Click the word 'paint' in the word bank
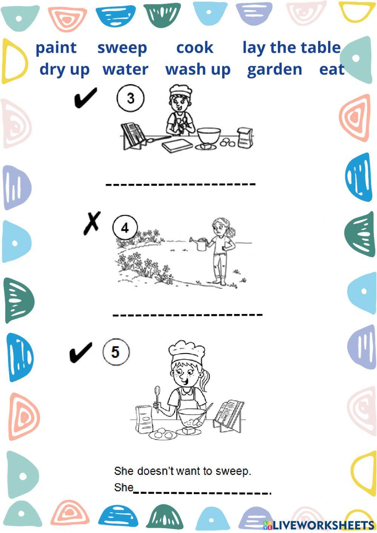56,48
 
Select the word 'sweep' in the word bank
122,48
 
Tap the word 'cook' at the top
195,48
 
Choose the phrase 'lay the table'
291,48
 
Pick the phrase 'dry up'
64,70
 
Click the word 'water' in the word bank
125,70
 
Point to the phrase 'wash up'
198,70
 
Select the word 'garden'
274,70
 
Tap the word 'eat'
332,70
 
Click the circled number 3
130,98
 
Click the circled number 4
125,228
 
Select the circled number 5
116,352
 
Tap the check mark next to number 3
85,98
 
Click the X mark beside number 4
92,223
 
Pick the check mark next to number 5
81,352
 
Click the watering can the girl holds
200,244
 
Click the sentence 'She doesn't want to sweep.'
182,471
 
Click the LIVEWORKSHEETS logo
319,525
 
